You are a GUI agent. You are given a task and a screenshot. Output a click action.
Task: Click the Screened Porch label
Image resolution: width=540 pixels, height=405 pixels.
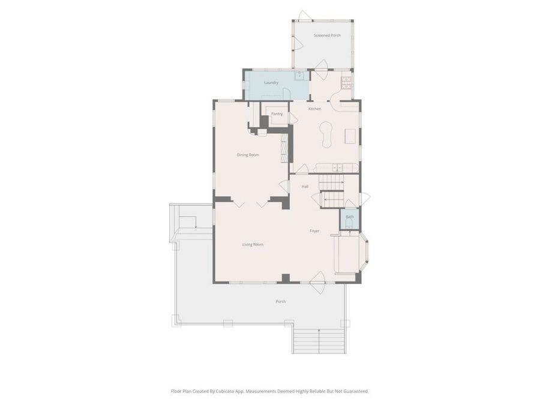coord(327,35)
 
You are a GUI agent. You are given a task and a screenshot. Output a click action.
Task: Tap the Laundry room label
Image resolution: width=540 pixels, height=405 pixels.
coord(271,82)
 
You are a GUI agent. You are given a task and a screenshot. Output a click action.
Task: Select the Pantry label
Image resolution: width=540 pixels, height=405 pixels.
coord(277,113)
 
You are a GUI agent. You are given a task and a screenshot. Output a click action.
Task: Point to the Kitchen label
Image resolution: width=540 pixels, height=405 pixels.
coord(315,109)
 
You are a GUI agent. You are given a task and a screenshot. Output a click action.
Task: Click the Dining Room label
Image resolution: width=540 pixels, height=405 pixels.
coord(247,155)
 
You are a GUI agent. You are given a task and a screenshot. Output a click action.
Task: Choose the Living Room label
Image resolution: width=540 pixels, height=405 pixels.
coord(253,244)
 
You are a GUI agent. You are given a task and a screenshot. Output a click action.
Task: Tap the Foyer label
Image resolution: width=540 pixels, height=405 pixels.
coord(314,231)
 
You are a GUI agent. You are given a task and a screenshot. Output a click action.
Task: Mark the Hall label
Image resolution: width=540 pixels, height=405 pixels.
coord(305,187)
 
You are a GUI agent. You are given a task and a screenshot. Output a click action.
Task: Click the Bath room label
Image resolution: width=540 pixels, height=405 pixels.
coord(349,217)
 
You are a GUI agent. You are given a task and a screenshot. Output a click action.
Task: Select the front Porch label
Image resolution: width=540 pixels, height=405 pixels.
coord(280,301)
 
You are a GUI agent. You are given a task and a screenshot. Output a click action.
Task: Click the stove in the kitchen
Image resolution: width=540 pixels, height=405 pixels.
coord(346,80)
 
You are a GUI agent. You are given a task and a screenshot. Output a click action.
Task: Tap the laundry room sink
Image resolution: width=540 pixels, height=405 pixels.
coord(299,76)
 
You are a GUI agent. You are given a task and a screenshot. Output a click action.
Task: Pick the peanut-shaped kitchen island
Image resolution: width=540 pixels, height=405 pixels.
coord(326,133)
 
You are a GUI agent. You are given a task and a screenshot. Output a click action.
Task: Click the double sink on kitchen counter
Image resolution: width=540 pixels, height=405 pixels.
coord(338,167)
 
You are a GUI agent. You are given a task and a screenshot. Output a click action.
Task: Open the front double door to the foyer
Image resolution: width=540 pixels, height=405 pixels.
coord(317,278)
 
